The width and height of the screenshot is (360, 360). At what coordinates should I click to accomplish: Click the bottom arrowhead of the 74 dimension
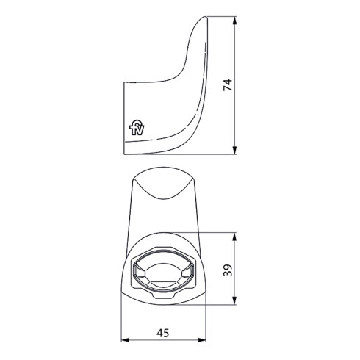235,152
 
